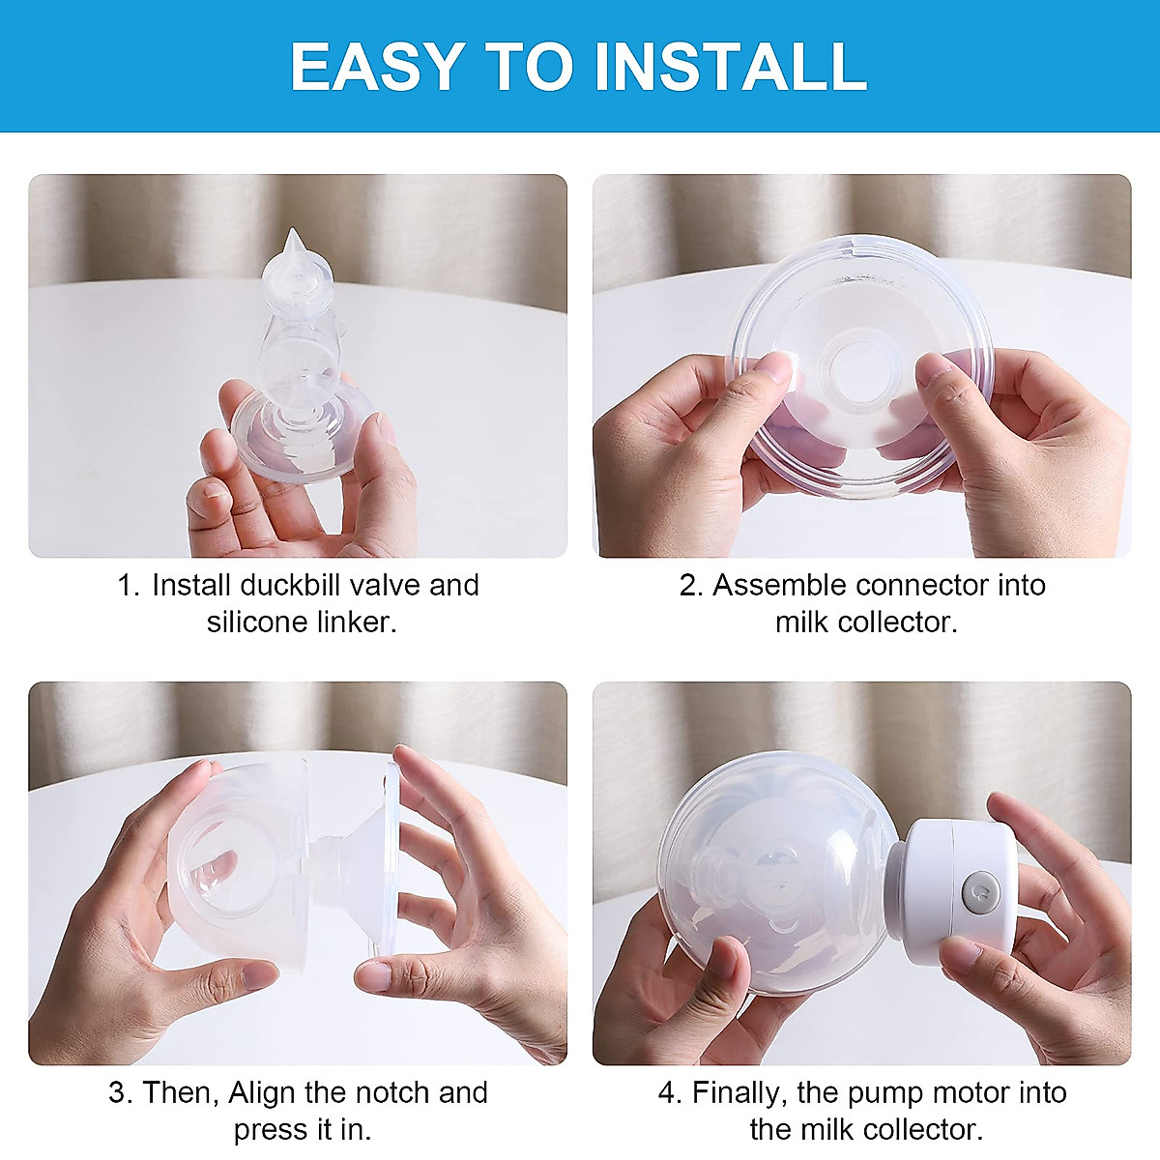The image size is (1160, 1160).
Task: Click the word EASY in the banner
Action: point(377,67)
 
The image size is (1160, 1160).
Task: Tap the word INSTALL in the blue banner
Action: point(731,67)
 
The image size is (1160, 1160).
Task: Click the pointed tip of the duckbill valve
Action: point(293,231)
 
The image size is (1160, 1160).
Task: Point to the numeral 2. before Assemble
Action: point(692,585)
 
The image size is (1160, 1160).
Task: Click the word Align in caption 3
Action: point(263,1093)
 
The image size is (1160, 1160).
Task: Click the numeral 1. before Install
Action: point(129,585)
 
